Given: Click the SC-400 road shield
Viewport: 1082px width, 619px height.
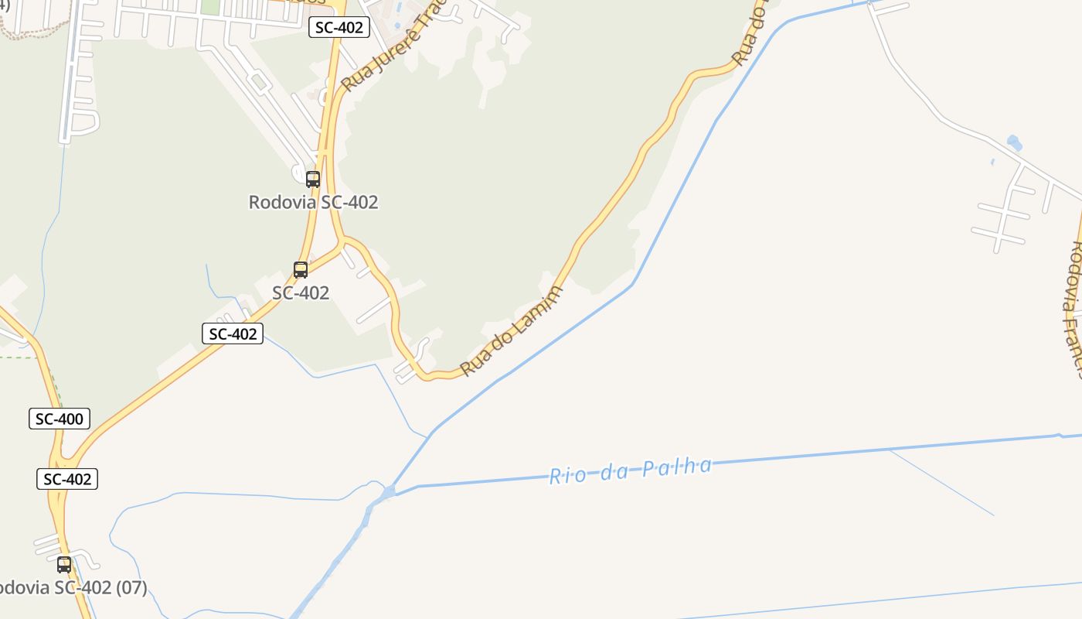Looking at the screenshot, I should pyautogui.click(x=60, y=419).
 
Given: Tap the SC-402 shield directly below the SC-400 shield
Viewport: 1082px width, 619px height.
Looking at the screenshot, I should pyautogui.click(x=67, y=479).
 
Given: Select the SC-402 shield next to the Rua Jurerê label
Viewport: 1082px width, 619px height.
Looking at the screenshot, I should pyautogui.click(x=339, y=27).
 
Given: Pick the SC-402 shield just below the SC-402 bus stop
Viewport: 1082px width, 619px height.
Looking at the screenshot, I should pyautogui.click(x=233, y=333).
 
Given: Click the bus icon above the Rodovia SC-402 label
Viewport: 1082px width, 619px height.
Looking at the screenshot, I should pyautogui.click(x=313, y=180).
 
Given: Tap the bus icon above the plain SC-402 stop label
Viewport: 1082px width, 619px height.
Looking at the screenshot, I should pyautogui.click(x=301, y=270).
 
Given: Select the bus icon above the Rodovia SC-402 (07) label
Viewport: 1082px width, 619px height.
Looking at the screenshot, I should pyautogui.click(x=64, y=565).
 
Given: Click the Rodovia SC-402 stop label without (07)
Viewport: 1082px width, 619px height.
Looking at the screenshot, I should pyautogui.click(x=313, y=203).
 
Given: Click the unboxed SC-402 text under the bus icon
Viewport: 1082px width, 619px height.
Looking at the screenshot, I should pyautogui.click(x=301, y=293).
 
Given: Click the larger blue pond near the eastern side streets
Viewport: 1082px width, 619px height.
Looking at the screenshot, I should pyautogui.click(x=1014, y=143).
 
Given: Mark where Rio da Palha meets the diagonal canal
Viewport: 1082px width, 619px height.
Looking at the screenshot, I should pyautogui.click(x=388, y=491).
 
